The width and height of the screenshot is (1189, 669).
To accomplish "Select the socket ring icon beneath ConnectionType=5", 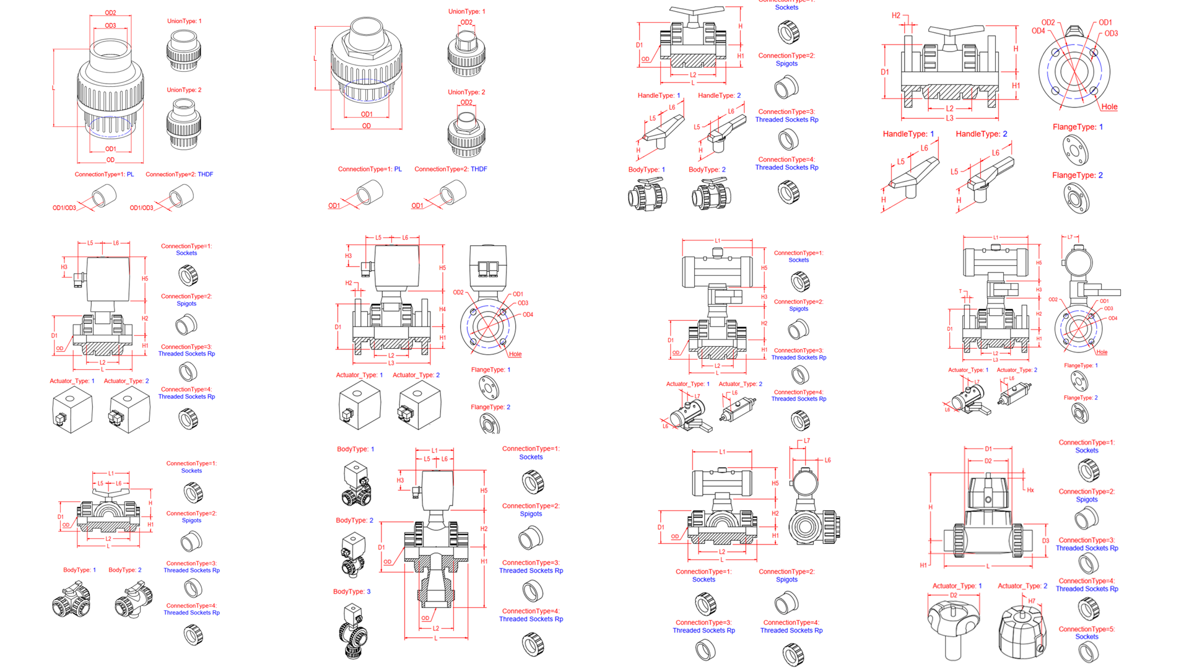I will tap(1088, 652).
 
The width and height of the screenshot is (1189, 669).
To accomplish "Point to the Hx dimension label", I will tap(1030, 490).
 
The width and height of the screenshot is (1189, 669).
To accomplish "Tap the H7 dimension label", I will tap(1032, 601).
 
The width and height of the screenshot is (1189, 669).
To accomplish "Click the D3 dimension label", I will tap(1045, 541).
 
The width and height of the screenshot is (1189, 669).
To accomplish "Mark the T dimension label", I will tap(960, 291).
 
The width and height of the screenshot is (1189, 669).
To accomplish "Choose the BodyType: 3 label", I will tap(352, 592).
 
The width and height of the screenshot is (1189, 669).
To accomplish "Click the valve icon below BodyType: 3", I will tap(353, 631).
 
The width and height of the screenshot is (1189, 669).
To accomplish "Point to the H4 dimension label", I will tap(442, 309).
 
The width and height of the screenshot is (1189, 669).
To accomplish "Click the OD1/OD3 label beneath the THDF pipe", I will tap(141, 208).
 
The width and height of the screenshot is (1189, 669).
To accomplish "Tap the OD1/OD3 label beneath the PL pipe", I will tap(64, 208).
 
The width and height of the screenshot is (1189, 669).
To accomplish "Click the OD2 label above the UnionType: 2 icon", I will tap(466, 103).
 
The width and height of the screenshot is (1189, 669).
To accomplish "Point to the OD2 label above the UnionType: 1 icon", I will tap(466, 23).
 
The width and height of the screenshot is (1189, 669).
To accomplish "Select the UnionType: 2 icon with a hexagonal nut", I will tap(466, 133).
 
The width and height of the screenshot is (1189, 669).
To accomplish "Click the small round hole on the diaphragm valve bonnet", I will tap(988, 499).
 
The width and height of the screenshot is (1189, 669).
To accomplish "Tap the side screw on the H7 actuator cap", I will tap(1040, 649).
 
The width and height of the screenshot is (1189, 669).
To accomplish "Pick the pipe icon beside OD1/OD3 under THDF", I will tap(181, 197).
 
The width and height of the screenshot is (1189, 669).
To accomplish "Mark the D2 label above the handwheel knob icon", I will tap(954, 595).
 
